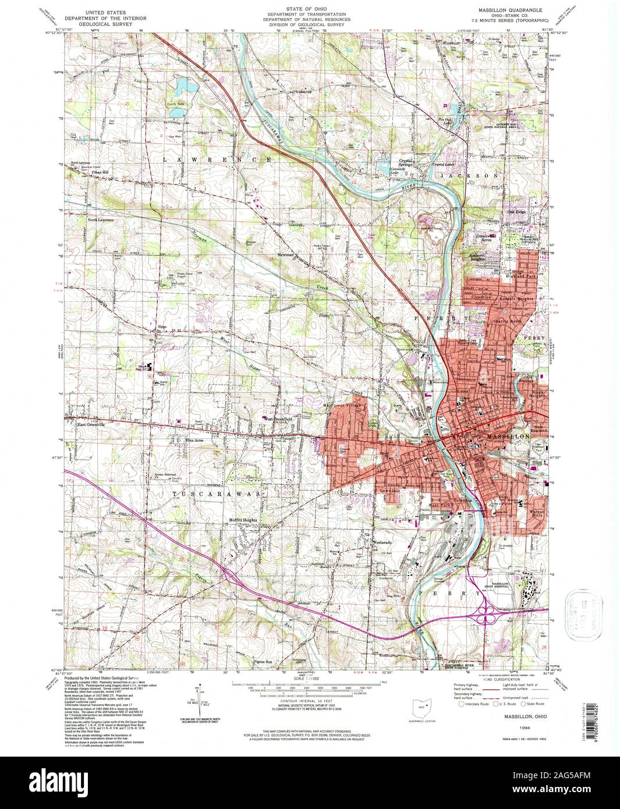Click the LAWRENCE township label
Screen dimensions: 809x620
coord(210,159)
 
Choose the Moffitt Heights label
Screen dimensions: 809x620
coord(243,520)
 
